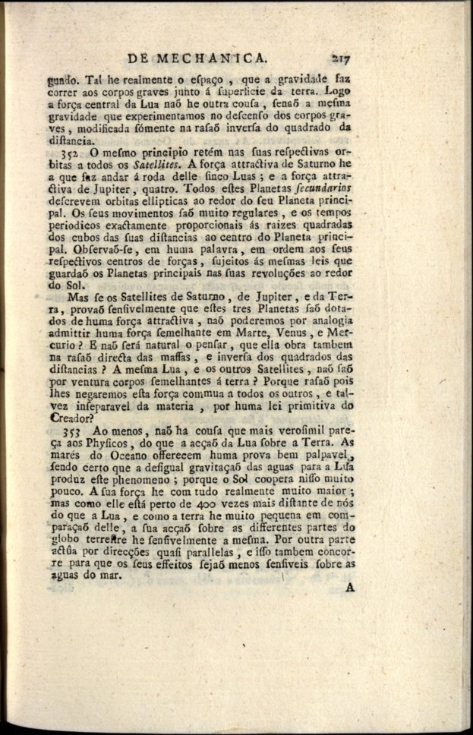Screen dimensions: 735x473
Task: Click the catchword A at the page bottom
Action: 350,587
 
